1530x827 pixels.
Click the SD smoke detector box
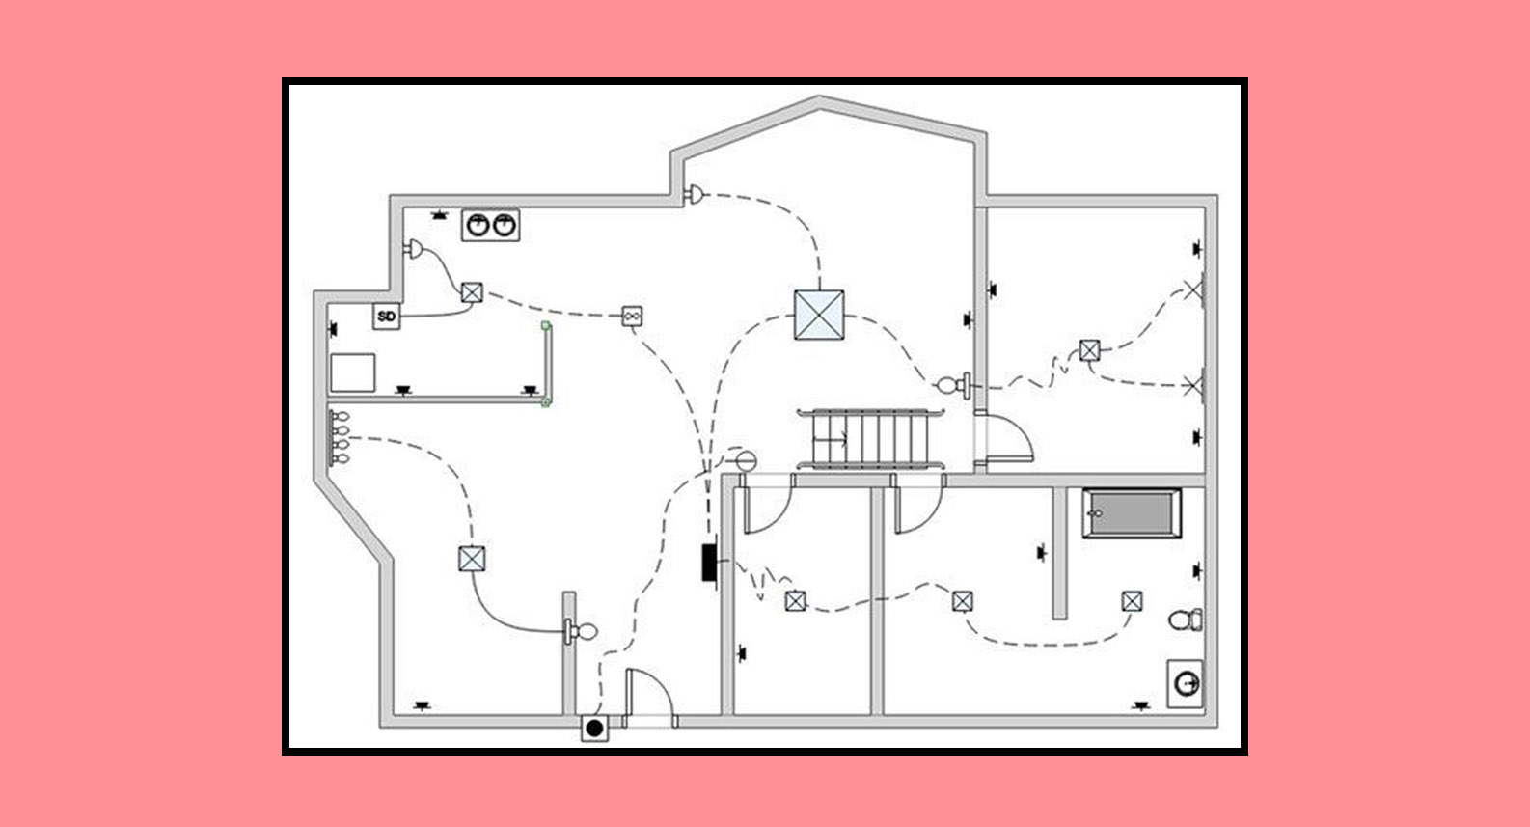point(387,316)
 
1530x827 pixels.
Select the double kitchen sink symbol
point(490,225)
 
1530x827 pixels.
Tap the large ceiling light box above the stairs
point(819,315)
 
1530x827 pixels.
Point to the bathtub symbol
point(1132,513)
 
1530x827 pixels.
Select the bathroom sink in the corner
point(1186,683)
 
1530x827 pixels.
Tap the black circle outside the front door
point(594,728)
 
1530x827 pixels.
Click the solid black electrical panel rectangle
point(709,564)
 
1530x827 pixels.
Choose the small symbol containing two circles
point(632,316)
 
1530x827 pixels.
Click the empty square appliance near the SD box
point(352,372)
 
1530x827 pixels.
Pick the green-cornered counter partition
point(546,365)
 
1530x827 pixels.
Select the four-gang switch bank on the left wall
point(339,438)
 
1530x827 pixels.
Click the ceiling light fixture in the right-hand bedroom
point(1090,350)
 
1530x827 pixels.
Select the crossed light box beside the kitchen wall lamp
point(471,292)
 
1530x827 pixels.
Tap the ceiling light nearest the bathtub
point(1133,601)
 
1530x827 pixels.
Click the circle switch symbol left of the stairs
point(743,459)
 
